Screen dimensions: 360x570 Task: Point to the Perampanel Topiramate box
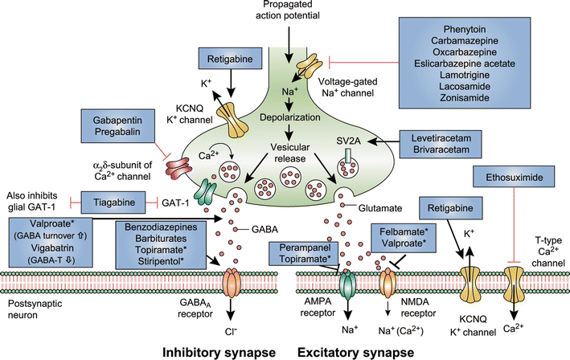pos(306,253)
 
